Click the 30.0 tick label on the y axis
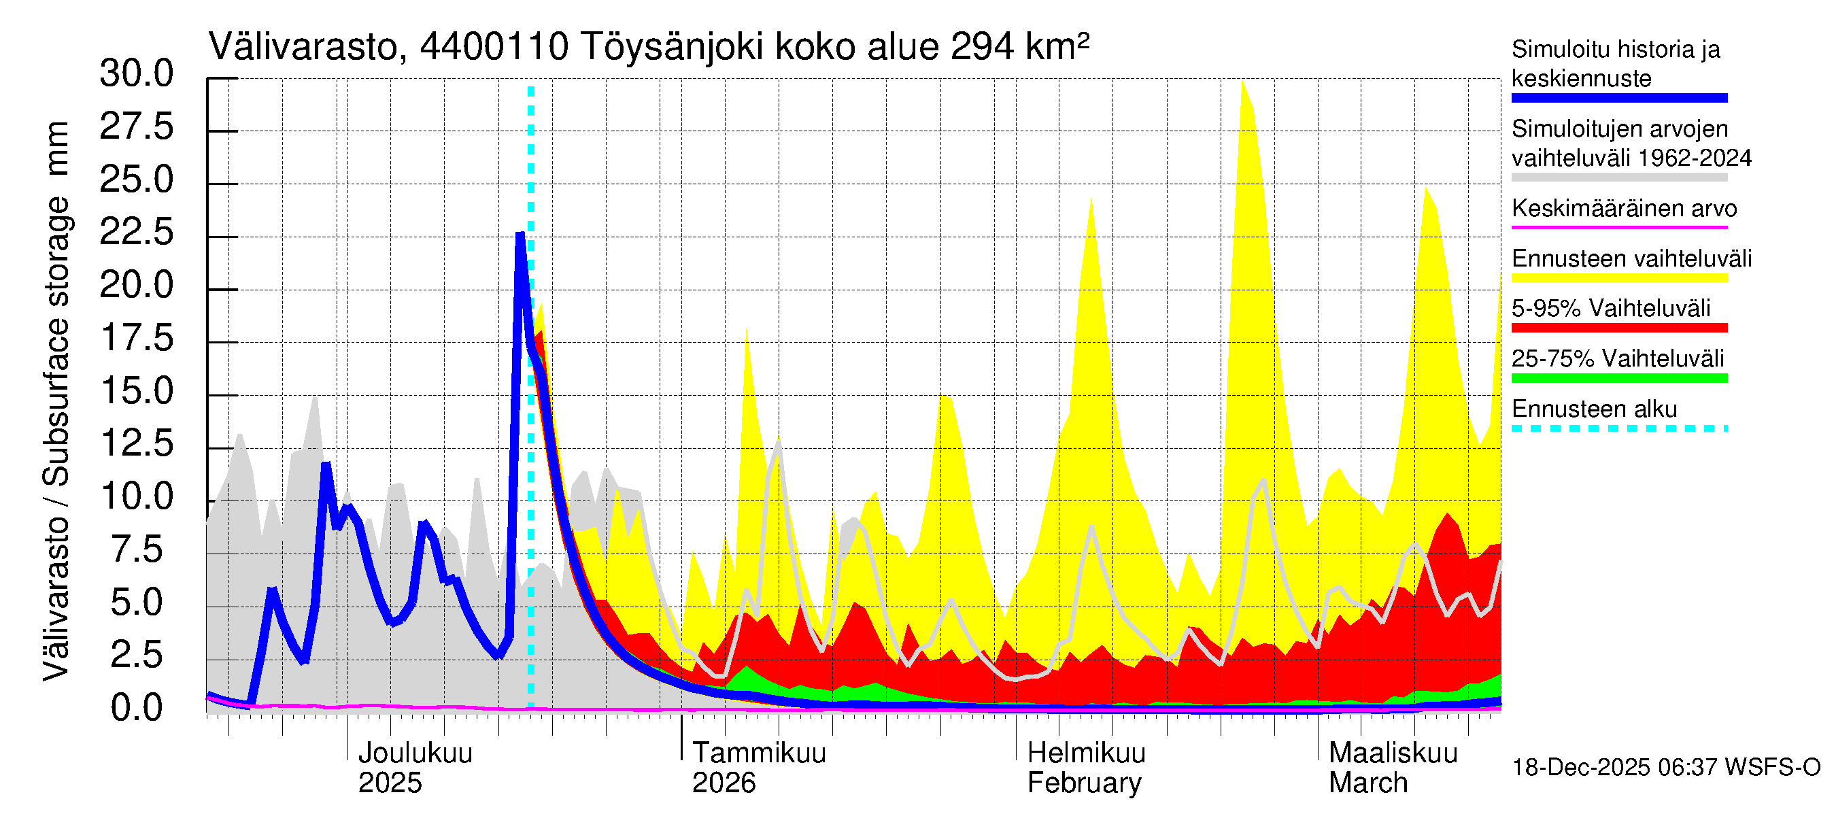click(136, 73)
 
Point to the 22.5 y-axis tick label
click(136, 233)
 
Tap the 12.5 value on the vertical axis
click(136, 443)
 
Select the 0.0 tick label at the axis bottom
click(136, 708)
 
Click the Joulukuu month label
click(415, 753)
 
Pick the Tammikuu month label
click(759, 753)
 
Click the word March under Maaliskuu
click(1367, 783)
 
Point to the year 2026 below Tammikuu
click(724, 783)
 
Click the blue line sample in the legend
click(1619, 99)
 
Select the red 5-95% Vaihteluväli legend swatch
click(1619, 328)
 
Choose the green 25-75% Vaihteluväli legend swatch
click(1619, 377)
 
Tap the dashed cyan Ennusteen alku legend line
click(1619, 428)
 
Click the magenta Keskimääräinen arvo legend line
click(1619, 227)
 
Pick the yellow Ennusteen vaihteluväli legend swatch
click(1619, 278)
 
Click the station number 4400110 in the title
click(494, 47)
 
